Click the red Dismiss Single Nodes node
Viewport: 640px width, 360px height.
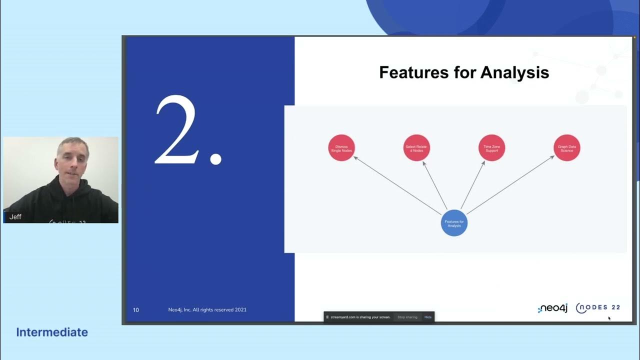[x=341, y=148]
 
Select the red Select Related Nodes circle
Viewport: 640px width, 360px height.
[x=416, y=148]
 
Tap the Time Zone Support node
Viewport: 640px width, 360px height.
[x=492, y=148]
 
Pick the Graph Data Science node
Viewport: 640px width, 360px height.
[x=567, y=148]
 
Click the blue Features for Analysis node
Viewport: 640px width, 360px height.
[x=454, y=223]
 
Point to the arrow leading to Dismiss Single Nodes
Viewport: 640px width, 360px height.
[x=397, y=185]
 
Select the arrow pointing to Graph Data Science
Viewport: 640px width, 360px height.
[x=510, y=185]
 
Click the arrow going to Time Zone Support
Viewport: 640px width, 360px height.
[x=473, y=185]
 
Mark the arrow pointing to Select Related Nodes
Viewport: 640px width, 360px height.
[x=435, y=185]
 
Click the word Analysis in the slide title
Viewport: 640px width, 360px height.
[x=514, y=72]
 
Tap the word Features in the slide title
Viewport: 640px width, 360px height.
[x=413, y=72]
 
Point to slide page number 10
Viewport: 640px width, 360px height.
[x=136, y=310]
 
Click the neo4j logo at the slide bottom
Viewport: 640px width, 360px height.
[x=552, y=308]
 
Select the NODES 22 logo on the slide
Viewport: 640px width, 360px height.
[x=598, y=308]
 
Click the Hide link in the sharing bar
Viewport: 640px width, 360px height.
[x=428, y=317]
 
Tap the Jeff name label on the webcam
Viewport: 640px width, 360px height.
[x=15, y=217]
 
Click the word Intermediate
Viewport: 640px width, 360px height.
[x=52, y=332]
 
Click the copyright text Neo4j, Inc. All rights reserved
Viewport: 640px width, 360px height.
[x=207, y=310]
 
